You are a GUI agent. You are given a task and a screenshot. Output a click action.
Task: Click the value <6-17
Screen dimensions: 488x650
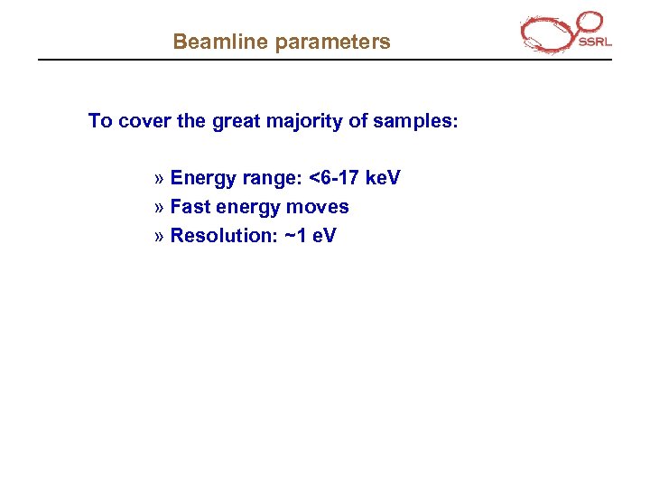coord(334,178)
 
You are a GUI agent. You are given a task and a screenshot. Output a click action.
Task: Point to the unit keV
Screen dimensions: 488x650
coord(382,178)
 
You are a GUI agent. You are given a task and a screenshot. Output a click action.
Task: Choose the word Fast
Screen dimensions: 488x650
coord(190,207)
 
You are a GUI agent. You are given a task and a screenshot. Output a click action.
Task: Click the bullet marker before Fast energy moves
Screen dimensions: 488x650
coord(160,208)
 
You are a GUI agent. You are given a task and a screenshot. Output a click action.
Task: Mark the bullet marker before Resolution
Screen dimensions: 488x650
coord(160,237)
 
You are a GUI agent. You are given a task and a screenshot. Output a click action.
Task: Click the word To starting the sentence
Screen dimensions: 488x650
coord(100,121)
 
